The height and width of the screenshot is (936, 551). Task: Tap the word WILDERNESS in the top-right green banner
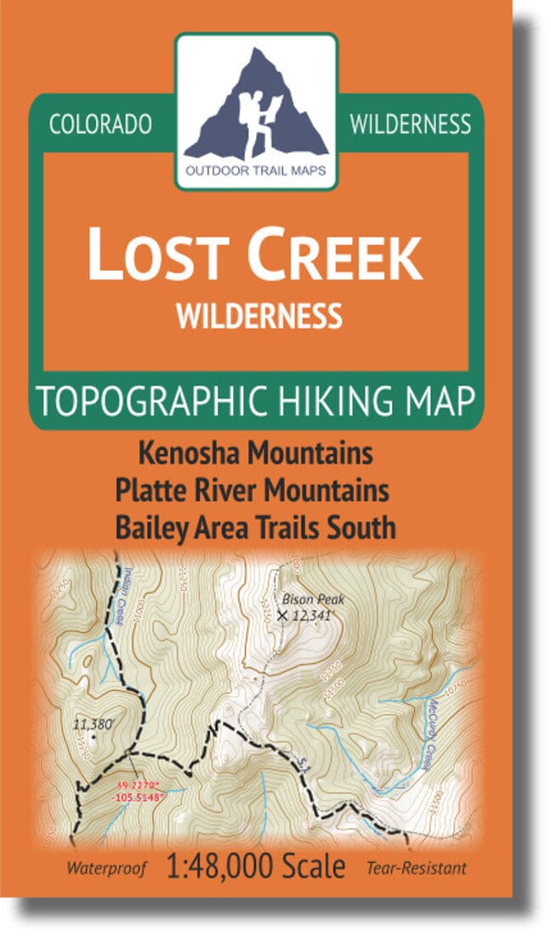[x=409, y=124]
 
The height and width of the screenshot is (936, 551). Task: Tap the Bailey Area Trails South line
[x=258, y=528]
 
